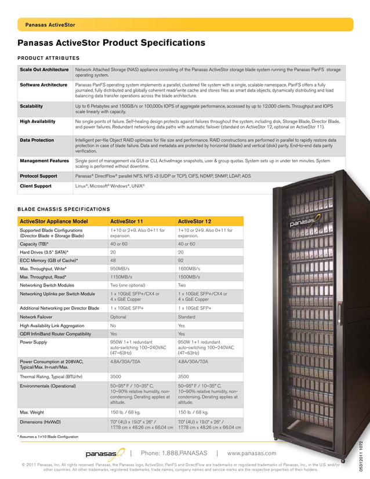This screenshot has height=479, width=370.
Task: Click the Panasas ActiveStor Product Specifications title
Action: click(x=111, y=43)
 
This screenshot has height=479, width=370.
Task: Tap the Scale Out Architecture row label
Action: click(x=44, y=70)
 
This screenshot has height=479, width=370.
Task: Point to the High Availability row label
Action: click(x=38, y=121)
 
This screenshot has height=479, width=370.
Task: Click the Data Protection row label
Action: click(x=37, y=140)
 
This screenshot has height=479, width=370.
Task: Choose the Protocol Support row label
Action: click(x=38, y=176)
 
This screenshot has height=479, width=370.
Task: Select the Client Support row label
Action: click(x=35, y=186)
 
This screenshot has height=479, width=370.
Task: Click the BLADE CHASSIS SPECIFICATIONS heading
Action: click(x=63, y=209)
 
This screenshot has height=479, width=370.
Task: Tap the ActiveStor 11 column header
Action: click(x=127, y=221)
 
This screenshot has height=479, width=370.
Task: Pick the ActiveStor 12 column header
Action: click(x=194, y=221)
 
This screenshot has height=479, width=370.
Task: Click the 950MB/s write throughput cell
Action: click(x=119, y=268)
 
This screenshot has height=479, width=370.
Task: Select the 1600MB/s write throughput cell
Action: click(x=188, y=268)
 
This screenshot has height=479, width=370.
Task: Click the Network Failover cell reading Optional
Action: click(x=118, y=317)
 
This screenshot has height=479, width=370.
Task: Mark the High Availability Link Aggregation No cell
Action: click(x=113, y=325)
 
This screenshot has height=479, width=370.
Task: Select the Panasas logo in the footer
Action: click(x=104, y=453)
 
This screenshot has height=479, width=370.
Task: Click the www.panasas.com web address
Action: click(x=252, y=453)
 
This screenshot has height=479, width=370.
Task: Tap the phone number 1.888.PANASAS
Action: click(x=174, y=453)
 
